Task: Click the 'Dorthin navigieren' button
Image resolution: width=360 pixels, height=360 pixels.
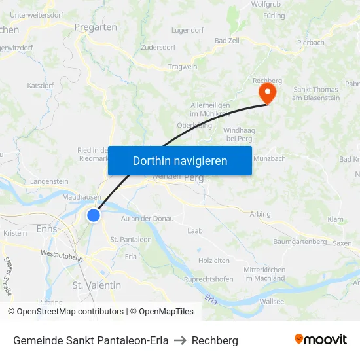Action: [x=180, y=160]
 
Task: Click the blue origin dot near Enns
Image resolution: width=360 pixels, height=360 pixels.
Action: [x=94, y=215]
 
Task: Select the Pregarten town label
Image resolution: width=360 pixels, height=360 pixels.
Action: [x=96, y=27]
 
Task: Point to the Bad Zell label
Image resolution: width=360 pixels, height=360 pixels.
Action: [x=228, y=41]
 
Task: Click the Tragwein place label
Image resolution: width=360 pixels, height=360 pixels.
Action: [x=183, y=67]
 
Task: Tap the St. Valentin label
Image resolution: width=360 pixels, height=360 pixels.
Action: [x=97, y=285]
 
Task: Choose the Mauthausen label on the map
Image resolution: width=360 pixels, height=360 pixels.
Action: [x=81, y=196]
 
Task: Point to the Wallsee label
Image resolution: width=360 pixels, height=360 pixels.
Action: [x=272, y=301]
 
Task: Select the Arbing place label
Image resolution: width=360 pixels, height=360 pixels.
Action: [x=260, y=214]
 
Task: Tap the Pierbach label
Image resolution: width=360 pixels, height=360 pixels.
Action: [x=311, y=43]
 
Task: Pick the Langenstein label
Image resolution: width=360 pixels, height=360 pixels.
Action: [x=49, y=181]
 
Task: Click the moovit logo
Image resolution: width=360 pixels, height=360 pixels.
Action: [x=321, y=340]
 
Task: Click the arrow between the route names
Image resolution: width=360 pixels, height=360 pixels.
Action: [x=180, y=340]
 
